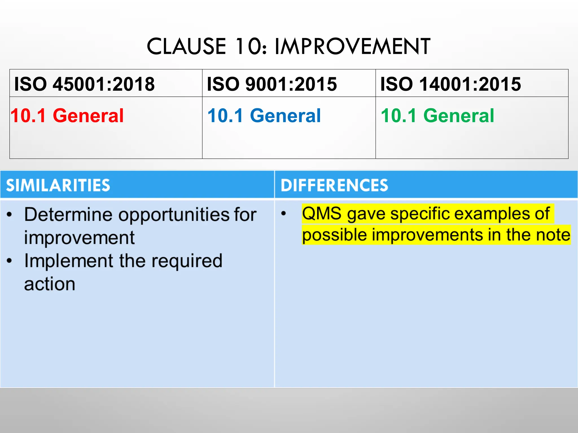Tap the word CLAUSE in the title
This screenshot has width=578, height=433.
pos(186,47)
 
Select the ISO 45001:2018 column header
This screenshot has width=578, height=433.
pos(84,84)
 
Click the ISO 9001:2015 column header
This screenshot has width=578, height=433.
pos(272,84)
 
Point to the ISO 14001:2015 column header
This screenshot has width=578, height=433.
pos(450,84)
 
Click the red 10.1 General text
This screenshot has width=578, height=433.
pos(67,116)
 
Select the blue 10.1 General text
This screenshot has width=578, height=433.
pos(264,116)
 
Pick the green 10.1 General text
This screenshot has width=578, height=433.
pos(437,116)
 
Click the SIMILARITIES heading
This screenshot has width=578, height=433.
pos(58,185)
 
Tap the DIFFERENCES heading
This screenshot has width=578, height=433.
pos(334,185)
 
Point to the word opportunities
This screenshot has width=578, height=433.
pos(174,215)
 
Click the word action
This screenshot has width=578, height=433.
pos(50,284)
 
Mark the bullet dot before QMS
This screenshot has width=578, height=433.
pos(284,213)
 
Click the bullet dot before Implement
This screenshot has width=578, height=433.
pos(10,261)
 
